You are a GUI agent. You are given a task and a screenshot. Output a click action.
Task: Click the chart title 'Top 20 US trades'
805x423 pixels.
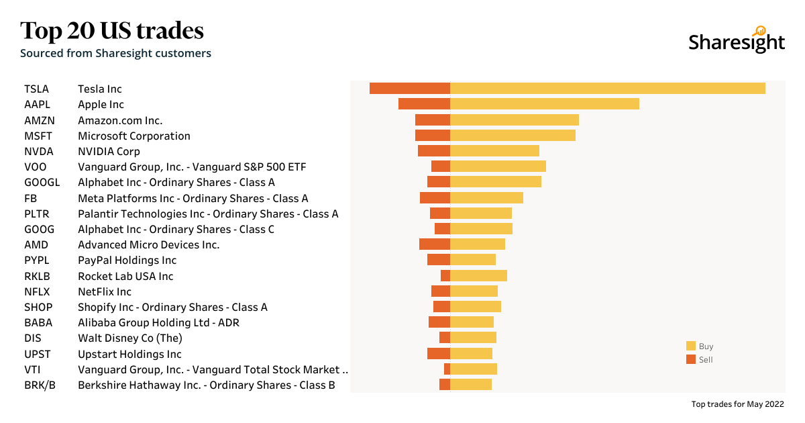click(x=112, y=31)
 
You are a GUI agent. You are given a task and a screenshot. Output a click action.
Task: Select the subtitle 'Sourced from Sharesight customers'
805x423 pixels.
click(x=115, y=53)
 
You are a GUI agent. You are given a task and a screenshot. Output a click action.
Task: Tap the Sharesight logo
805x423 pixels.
click(x=736, y=41)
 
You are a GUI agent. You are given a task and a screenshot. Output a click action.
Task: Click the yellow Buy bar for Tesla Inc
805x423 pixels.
click(x=607, y=89)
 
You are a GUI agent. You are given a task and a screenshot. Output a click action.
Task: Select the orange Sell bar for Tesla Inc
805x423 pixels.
click(x=410, y=89)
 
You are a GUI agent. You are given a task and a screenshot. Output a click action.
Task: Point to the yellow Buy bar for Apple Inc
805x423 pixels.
click(x=544, y=104)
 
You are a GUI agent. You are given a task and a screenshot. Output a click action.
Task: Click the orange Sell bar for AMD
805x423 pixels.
click(x=435, y=244)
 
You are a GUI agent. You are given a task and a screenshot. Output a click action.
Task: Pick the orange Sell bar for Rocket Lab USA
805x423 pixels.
click(x=445, y=276)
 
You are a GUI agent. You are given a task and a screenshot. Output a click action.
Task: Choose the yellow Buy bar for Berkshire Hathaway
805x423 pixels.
click(x=471, y=385)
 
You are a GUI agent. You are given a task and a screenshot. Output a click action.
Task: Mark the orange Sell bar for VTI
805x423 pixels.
click(x=447, y=369)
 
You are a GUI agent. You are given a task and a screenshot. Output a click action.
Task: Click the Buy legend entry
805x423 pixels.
click(x=700, y=346)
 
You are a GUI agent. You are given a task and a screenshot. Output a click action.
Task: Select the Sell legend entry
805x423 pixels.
click(x=700, y=360)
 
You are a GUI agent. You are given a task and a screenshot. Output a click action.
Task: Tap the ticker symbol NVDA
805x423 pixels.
click(x=38, y=151)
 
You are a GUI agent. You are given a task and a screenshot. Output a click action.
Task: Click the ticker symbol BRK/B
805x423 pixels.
click(x=40, y=385)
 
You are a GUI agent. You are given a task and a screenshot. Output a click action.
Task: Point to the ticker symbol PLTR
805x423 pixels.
click(x=37, y=214)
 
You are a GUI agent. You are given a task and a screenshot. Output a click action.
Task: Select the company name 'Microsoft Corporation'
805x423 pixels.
click(x=134, y=136)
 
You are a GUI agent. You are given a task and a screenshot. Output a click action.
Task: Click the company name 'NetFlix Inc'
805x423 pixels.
click(x=105, y=291)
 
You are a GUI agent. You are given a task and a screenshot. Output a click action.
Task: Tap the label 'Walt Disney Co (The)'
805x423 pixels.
click(x=130, y=338)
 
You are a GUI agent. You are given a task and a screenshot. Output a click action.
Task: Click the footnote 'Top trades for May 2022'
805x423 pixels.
click(x=737, y=404)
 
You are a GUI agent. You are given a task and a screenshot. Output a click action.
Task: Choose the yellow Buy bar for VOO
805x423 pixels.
click(x=498, y=167)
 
